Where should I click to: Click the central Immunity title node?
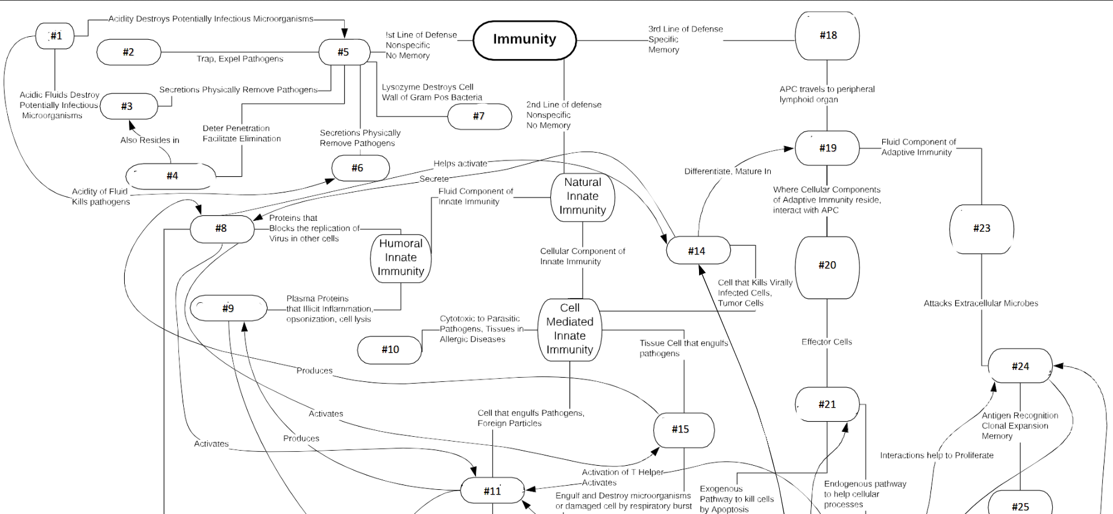point(524,40)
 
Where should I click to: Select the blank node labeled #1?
point(55,36)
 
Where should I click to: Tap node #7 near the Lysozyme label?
point(479,116)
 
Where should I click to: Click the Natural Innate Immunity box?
point(582,197)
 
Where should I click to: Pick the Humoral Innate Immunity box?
point(401,258)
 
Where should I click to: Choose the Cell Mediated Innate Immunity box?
point(569,329)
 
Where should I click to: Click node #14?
point(697,251)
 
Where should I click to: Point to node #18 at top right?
point(827,36)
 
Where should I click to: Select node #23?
point(981,229)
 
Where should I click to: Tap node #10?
point(390,350)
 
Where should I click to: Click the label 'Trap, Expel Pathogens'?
point(240,59)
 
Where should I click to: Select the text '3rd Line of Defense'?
point(685,29)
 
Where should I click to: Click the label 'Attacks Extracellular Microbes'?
point(980,303)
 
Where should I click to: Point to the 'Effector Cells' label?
point(826,342)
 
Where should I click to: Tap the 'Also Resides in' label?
point(149,141)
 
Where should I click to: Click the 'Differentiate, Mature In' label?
point(727,171)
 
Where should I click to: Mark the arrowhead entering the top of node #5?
point(344,34)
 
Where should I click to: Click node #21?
point(827,405)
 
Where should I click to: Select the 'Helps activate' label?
point(460,164)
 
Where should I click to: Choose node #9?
point(228,309)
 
